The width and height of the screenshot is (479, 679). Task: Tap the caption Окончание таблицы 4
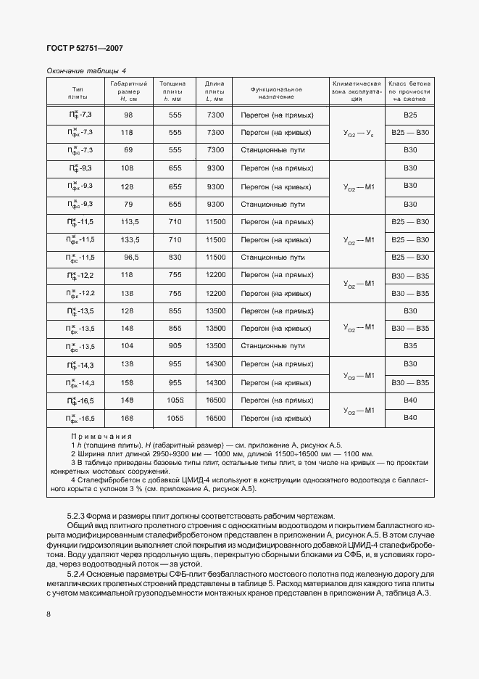[86, 70]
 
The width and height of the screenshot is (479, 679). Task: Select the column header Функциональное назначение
[276, 92]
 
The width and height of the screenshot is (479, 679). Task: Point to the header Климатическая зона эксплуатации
[356, 92]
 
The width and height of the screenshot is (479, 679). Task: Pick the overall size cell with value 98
[128, 115]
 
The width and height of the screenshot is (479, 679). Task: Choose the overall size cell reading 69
[128, 149]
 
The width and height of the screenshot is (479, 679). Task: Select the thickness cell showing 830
[175, 258]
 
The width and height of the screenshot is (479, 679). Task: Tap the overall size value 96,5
[128, 258]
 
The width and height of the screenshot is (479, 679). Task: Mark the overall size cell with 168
[128, 419]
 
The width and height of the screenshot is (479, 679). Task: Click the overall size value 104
[128, 346]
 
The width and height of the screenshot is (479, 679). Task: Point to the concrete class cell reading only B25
[410, 115]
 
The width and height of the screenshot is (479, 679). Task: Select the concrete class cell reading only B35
[410, 346]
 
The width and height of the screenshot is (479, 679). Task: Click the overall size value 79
[128, 205]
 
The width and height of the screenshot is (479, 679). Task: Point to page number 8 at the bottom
[49, 614]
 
